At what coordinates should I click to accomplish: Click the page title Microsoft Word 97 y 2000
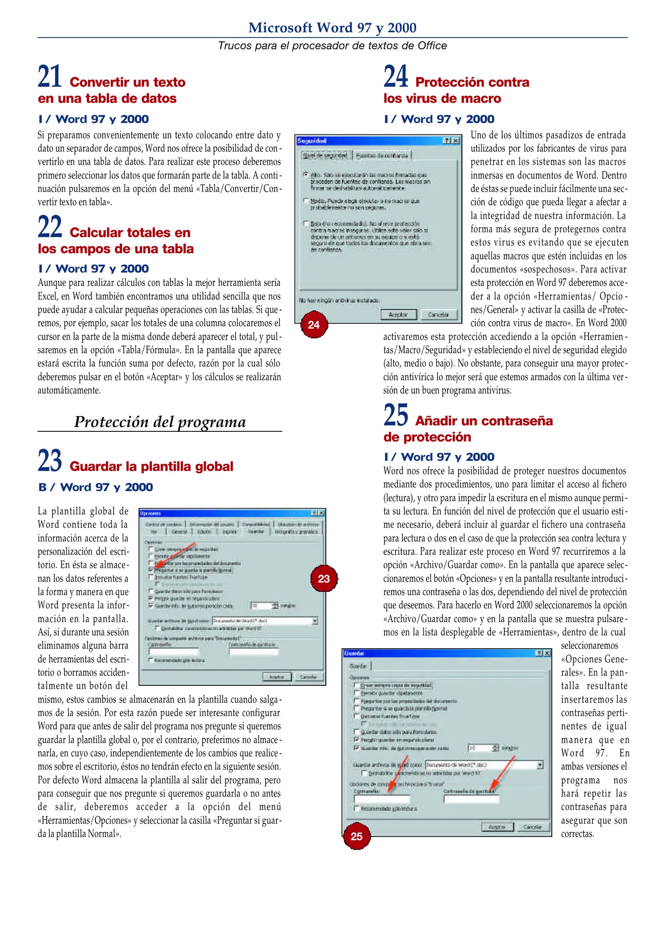(332, 28)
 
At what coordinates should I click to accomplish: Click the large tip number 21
(50, 77)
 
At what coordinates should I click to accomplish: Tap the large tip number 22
(50, 227)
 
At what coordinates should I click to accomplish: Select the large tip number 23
(50, 461)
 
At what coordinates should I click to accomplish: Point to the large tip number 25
(396, 415)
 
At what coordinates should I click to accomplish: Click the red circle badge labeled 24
(314, 325)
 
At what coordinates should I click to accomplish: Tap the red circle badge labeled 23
(324, 579)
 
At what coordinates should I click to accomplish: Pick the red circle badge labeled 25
(356, 836)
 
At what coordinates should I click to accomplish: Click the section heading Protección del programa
(160, 422)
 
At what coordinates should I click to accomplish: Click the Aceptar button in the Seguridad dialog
(398, 314)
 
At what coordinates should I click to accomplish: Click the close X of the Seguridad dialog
(456, 141)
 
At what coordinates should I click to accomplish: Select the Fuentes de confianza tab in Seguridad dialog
(382, 155)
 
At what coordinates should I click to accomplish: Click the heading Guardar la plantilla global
(151, 466)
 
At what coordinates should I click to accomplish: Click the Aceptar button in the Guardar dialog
(497, 827)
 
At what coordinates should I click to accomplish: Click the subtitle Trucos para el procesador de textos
(332, 45)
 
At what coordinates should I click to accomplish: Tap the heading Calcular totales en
(130, 232)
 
